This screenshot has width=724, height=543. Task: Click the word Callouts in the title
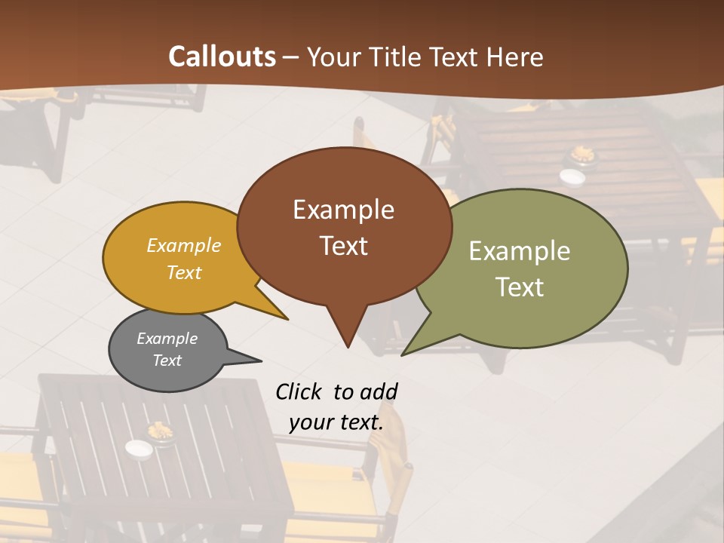point(222,57)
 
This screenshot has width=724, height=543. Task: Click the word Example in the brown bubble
point(343,210)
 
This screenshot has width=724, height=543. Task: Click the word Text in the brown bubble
point(343,246)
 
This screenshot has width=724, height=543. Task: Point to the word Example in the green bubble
point(520,251)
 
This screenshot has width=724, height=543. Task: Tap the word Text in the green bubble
point(520,287)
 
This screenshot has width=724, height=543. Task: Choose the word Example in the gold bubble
point(184,246)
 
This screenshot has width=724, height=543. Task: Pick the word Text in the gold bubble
point(184,272)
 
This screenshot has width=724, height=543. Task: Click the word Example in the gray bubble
point(167,339)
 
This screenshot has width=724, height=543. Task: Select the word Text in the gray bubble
point(167,360)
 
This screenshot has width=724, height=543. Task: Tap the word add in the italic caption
point(379,391)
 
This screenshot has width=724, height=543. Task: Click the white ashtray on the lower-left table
point(139,449)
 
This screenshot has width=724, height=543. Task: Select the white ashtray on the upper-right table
point(572,176)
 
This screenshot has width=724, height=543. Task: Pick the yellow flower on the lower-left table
point(161,431)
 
